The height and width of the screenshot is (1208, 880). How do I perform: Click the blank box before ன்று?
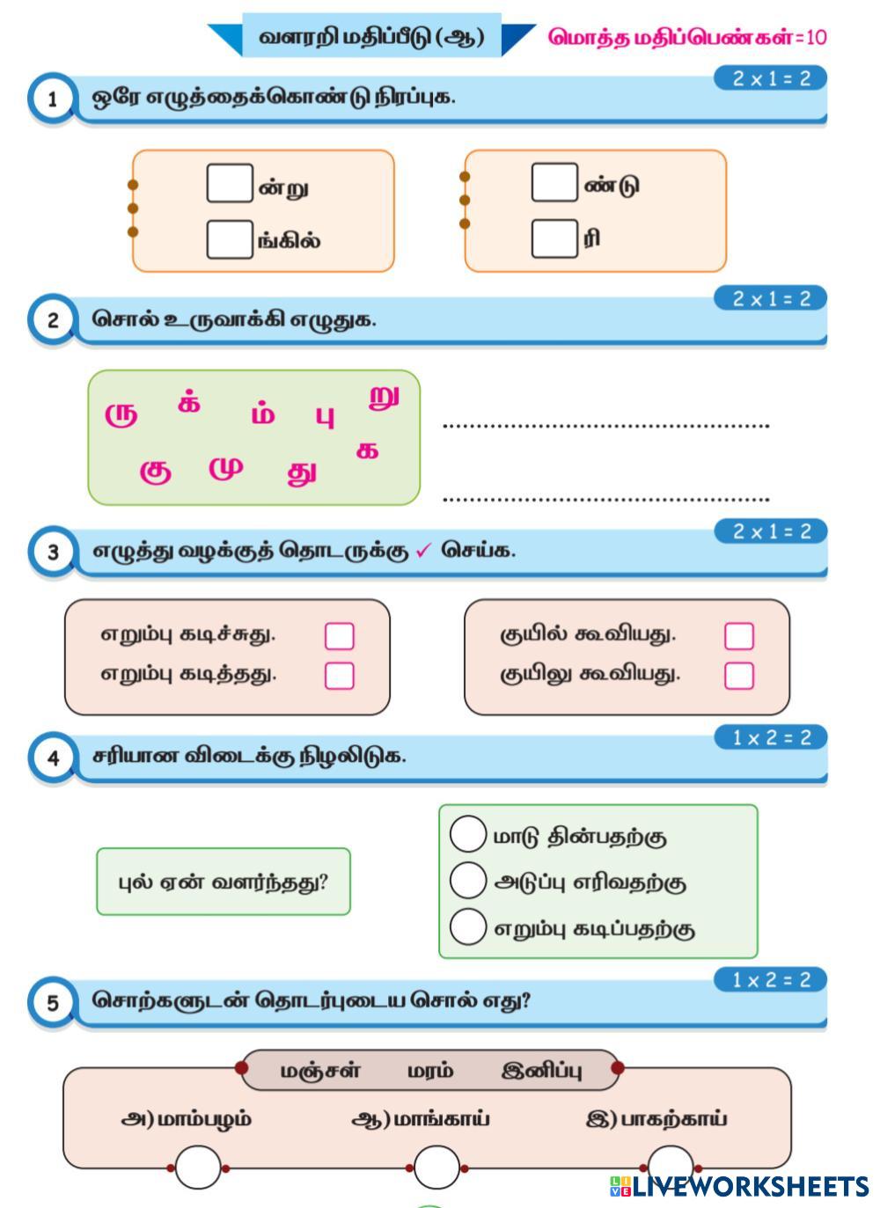(x=230, y=183)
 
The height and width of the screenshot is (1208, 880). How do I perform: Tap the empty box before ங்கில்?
(x=230, y=239)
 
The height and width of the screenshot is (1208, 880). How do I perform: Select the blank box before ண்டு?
(x=554, y=182)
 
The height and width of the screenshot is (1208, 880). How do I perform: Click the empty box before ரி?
(x=554, y=238)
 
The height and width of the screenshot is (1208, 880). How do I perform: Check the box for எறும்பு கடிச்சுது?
(x=340, y=636)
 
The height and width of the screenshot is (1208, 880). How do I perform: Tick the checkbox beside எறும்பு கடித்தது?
(x=340, y=676)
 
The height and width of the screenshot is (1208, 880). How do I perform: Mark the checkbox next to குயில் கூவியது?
(x=738, y=636)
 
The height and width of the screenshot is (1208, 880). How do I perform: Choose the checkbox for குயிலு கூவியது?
(x=738, y=676)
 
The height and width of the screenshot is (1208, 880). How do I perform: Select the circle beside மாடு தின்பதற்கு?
(x=468, y=833)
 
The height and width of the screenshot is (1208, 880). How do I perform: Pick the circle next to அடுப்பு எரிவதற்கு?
(x=468, y=880)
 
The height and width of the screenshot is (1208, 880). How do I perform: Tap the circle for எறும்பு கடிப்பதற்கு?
(x=468, y=926)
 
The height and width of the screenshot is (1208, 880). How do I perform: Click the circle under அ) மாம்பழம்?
(x=198, y=1168)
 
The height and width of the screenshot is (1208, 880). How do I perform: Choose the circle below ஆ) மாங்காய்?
(x=436, y=1168)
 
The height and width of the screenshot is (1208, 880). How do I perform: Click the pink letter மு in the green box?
(x=226, y=468)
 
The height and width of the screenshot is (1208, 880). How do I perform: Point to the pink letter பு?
(x=325, y=416)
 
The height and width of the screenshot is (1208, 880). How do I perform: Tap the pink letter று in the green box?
(x=384, y=397)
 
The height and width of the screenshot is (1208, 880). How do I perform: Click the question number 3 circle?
(x=52, y=553)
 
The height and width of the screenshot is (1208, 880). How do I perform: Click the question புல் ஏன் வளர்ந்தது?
(x=224, y=882)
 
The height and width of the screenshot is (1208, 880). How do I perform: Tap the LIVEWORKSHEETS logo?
(x=739, y=1186)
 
